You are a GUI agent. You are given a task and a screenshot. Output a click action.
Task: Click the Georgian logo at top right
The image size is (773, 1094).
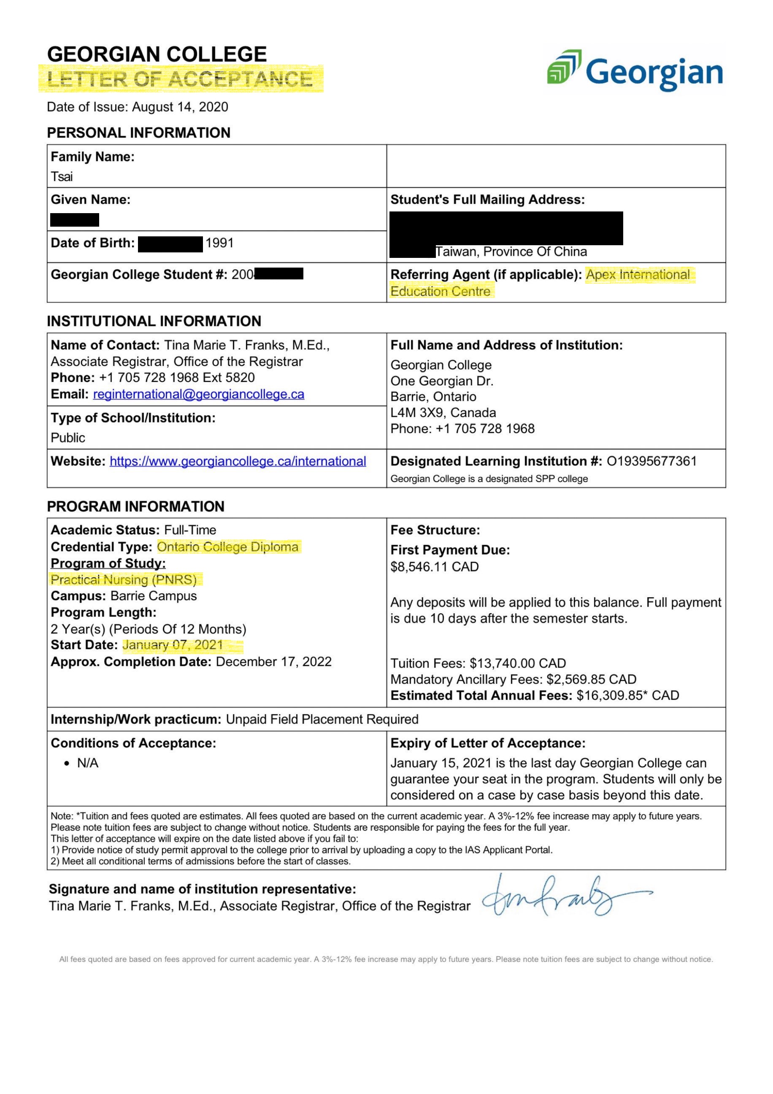point(635,72)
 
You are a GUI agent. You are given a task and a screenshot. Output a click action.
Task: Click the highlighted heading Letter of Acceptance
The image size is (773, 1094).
point(180,79)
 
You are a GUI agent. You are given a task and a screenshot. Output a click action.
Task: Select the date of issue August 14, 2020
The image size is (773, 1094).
point(180,107)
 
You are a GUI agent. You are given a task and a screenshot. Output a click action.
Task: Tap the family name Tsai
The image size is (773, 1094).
point(62,177)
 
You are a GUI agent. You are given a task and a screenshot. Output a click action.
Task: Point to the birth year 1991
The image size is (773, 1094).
point(219,243)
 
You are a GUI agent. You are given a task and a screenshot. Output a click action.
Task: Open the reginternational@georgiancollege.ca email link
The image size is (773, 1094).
point(199,395)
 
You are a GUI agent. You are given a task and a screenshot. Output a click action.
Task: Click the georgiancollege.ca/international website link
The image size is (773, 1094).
point(238,461)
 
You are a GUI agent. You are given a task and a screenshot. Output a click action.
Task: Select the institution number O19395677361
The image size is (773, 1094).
point(651,461)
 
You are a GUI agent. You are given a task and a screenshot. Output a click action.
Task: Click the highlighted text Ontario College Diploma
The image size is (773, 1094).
point(228,547)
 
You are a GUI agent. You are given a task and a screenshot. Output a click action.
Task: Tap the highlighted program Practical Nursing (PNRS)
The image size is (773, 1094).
point(124,580)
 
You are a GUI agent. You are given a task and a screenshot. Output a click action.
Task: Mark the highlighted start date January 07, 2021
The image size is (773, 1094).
point(173,645)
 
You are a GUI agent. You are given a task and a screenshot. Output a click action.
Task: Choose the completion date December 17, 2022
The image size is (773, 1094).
point(273,662)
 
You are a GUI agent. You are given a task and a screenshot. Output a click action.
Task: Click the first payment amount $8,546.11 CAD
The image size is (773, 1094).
point(434,567)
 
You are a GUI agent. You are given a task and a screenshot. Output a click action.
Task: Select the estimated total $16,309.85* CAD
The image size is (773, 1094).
point(627,696)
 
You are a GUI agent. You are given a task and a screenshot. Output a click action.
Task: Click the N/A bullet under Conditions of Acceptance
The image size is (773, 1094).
point(88,764)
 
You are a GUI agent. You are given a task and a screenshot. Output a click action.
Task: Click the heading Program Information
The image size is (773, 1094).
point(136,506)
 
